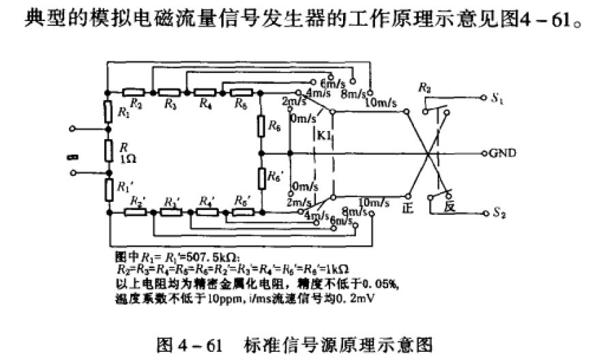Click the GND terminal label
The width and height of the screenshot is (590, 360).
(502, 152)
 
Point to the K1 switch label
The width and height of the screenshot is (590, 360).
(323, 136)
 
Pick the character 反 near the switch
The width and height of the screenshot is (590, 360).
(449, 206)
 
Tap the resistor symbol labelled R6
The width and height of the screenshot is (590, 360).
(262, 125)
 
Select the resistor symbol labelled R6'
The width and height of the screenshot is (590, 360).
(262, 178)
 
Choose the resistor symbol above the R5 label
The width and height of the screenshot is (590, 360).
(242, 91)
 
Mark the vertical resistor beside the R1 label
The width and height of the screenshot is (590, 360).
(108, 112)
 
